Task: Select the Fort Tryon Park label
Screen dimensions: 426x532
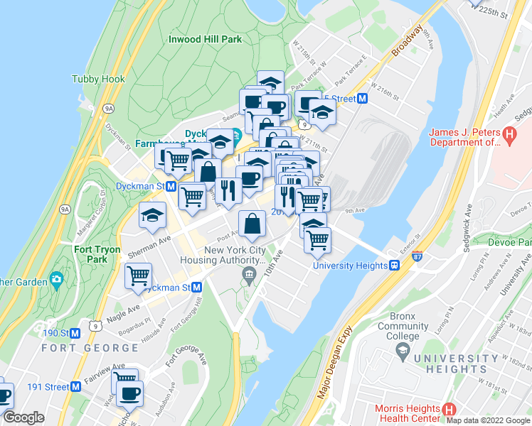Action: click(x=91, y=254)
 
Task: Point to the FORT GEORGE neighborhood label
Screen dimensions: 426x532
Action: click(x=90, y=348)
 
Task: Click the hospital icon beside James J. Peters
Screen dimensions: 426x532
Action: click(x=509, y=133)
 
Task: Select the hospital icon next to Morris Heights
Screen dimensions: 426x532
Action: click(x=449, y=410)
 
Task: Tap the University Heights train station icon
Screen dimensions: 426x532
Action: click(x=393, y=266)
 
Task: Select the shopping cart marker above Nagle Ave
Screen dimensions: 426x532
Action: click(x=139, y=275)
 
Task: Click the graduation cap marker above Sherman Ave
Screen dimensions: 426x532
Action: click(x=152, y=214)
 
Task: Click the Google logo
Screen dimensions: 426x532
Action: click(x=23, y=417)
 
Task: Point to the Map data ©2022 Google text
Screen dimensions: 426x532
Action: click(x=488, y=420)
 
